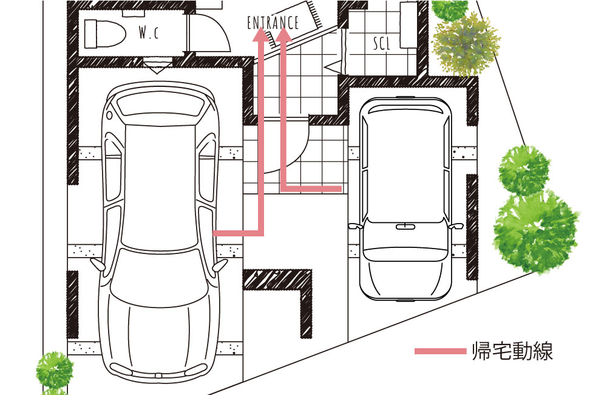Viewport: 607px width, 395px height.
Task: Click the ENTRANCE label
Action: coord(273,23)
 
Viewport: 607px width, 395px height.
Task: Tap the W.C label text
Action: coord(149,33)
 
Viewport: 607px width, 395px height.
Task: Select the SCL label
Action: coord(381,44)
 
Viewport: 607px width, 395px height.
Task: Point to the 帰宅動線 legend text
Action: coord(512,351)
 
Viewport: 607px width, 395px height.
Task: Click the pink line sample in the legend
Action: coord(440,351)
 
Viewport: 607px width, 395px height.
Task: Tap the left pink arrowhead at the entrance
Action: coord(261,34)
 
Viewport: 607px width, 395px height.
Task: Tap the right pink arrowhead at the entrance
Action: coord(284,34)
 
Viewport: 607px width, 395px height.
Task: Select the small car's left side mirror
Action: coord(354,226)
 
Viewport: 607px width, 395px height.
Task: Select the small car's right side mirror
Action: coord(456,226)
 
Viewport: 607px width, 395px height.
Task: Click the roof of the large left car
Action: coord(159,186)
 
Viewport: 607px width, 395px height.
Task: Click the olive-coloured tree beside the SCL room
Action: coord(466,46)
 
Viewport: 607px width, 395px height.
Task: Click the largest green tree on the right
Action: coord(536,233)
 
